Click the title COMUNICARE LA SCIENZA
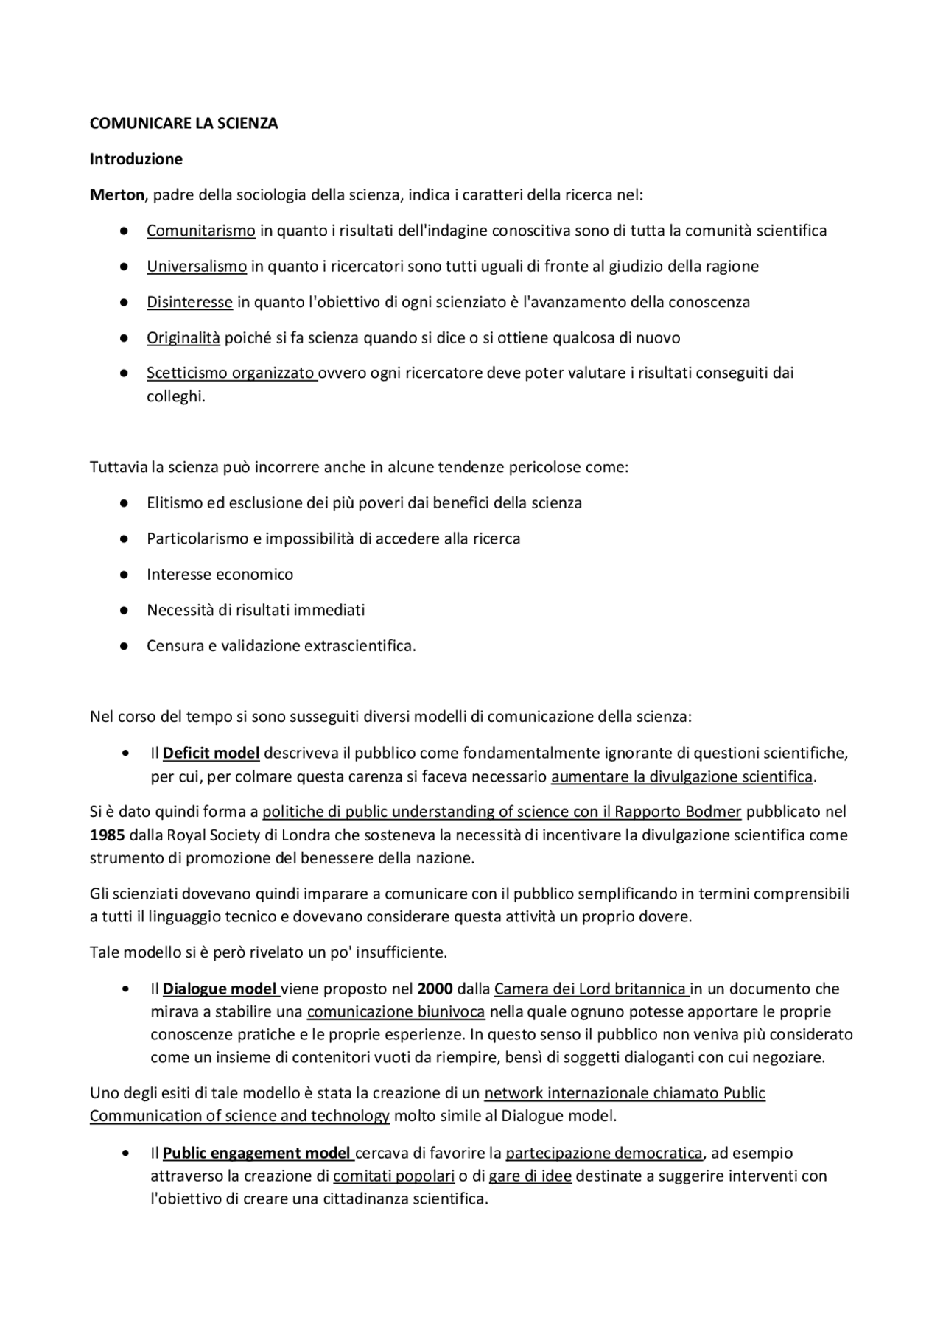(183, 124)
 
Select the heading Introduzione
(136, 159)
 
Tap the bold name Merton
(116, 195)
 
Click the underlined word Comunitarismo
(200, 231)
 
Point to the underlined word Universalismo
(196, 266)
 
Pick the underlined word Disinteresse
(189, 302)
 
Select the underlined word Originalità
(183, 338)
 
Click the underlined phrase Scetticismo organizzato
(231, 373)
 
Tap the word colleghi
(175, 396)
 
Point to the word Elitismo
(174, 503)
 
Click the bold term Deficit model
(211, 754)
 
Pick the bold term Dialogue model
(220, 989)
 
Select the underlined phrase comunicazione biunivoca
(396, 1011)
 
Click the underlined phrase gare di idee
(530, 1176)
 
